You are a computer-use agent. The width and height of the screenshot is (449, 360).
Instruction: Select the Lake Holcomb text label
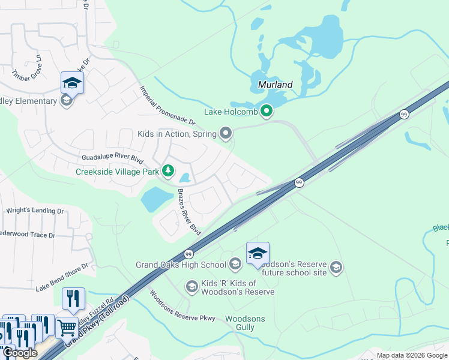tap(231, 112)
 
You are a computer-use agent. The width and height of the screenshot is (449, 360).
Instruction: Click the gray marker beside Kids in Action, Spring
tap(226, 133)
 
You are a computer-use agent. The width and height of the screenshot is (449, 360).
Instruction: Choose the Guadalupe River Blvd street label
tap(113, 158)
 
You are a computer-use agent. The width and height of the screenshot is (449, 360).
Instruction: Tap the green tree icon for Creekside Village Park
tap(169, 172)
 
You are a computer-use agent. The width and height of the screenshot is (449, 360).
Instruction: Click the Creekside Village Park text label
tap(117, 172)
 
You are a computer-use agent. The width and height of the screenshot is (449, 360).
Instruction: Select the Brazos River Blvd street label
tap(188, 211)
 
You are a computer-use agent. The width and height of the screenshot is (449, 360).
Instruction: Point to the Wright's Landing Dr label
tap(35, 211)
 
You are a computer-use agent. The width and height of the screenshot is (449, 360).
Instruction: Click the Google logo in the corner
tap(20, 353)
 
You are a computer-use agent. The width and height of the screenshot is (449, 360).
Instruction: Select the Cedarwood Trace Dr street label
tap(26, 235)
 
